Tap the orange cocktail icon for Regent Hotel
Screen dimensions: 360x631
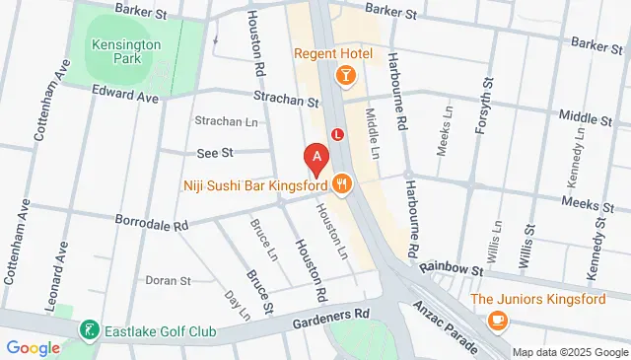click(x=346, y=75)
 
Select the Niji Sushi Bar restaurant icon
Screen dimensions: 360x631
click(x=342, y=183)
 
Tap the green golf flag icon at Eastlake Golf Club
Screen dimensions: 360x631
click(x=89, y=329)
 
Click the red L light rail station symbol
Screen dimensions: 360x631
click(x=338, y=133)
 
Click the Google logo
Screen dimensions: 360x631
click(x=33, y=347)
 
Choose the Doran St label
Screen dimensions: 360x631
click(x=168, y=281)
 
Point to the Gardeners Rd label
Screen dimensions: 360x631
click(x=329, y=316)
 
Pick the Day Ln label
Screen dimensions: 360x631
click(x=238, y=305)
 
